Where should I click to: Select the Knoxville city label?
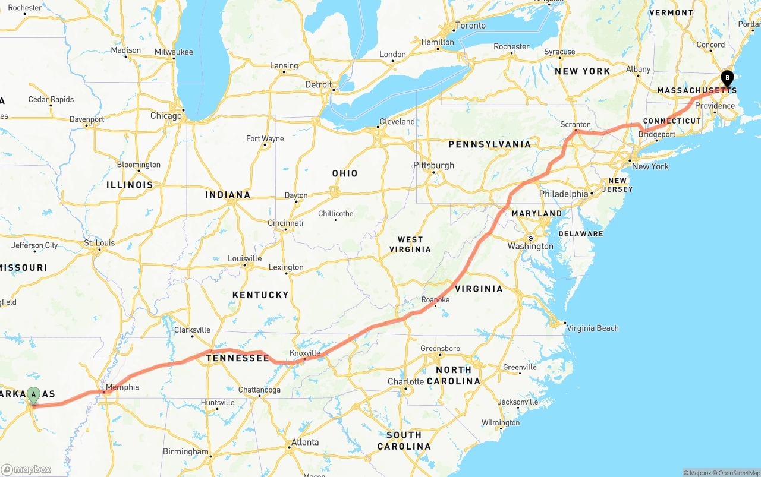pyautogui.click(x=304, y=353)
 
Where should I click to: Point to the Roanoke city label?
pyautogui.click(x=435, y=300)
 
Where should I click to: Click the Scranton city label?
pyautogui.click(x=575, y=125)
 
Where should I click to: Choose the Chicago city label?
pyautogui.click(x=166, y=116)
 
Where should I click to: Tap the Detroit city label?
pyautogui.click(x=318, y=84)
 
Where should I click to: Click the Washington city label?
pyautogui.click(x=530, y=246)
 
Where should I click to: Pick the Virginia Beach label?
pyautogui.click(x=592, y=328)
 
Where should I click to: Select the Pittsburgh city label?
pyautogui.click(x=433, y=165)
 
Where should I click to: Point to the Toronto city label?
pyautogui.click(x=470, y=26)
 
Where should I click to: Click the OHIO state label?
pyautogui.click(x=345, y=173)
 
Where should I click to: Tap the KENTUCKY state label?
pyautogui.click(x=260, y=295)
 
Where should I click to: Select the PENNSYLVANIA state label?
pyautogui.click(x=489, y=144)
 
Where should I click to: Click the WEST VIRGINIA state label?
pyautogui.click(x=410, y=244)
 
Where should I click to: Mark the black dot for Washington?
pyautogui.click(x=530, y=238)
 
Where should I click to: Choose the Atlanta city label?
pyautogui.click(x=304, y=442)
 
